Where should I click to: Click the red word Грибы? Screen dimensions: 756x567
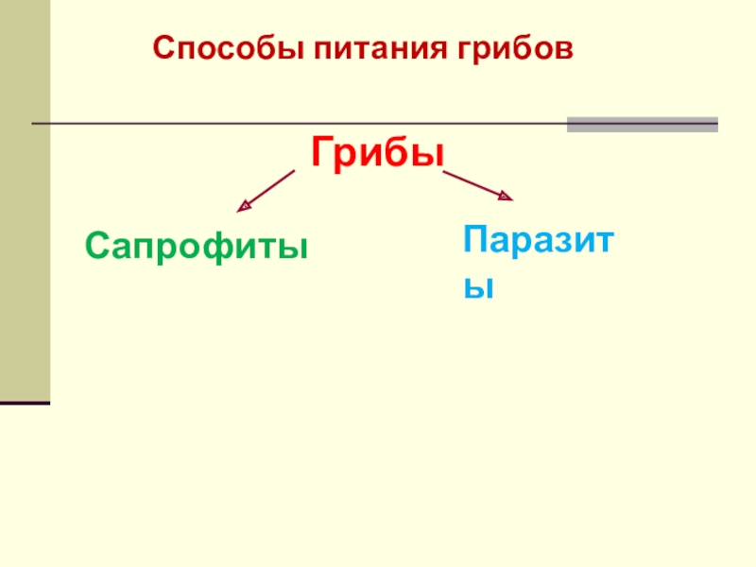point(378,151)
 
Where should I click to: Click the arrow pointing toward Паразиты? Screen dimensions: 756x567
point(477,185)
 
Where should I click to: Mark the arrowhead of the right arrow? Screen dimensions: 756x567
point(506,197)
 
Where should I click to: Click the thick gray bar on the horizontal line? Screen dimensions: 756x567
point(642,124)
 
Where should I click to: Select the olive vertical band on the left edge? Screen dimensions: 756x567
point(25,198)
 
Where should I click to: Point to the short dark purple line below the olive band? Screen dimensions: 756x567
point(25,404)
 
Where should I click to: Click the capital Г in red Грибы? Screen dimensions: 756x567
point(320,151)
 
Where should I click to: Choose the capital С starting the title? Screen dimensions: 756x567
point(163,47)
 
